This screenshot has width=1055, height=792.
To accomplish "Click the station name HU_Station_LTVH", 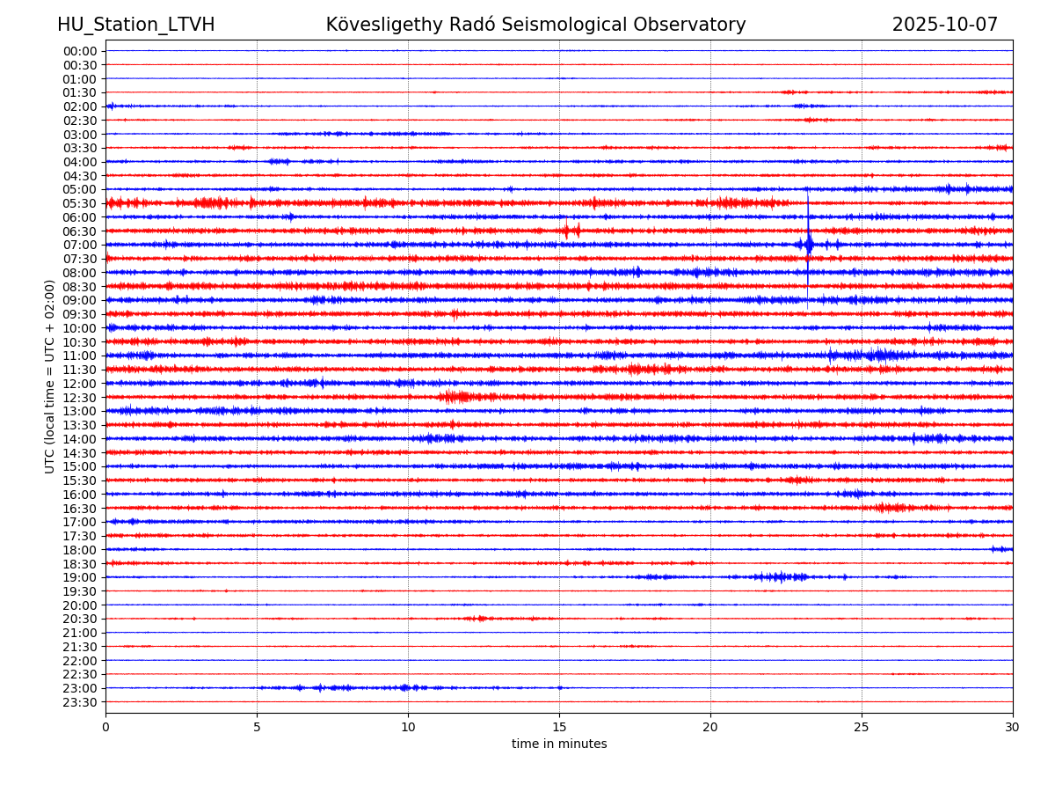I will tap(135, 25).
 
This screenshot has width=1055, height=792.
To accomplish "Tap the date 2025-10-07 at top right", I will tap(944, 25).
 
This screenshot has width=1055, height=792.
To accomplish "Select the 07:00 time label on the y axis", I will tap(80, 245).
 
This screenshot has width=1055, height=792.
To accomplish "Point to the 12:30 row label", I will tap(80, 397).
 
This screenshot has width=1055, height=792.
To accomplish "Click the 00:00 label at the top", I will tap(80, 51).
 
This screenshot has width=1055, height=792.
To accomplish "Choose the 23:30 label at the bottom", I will tap(80, 701).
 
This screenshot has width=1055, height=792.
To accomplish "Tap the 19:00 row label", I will tap(80, 577).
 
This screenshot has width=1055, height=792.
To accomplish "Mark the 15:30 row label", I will tap(80, 480).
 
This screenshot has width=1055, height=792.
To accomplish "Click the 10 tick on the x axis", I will tap(408, 727).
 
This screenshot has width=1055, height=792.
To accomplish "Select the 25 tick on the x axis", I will tap(862, 727).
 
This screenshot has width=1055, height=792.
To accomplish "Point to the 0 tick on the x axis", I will tap(105, 727).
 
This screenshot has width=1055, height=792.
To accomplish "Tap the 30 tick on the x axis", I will tap(1013, 727).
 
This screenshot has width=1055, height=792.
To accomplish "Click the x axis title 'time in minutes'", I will tap(559, 744).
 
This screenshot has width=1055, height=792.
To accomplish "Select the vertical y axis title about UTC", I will tap(50, 376).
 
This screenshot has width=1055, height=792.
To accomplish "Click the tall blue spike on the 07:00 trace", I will tap(808, 244).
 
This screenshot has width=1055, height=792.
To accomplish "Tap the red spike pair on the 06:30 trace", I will tap(571, 231).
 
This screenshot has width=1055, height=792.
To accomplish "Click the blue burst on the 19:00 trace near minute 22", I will tap(779, 577).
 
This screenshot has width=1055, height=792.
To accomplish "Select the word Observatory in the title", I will tap(695, 25).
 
